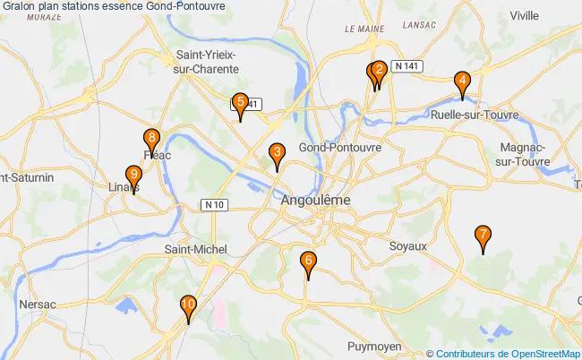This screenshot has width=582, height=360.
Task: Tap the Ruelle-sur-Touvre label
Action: tap(470, 115)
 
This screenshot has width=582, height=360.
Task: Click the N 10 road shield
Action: tap(215, 205)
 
